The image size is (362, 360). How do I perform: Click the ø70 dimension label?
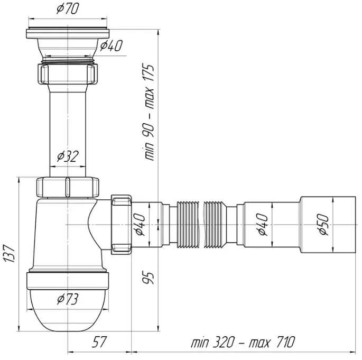tap(68, 9)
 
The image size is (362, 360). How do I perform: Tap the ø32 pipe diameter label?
tap(68, 156)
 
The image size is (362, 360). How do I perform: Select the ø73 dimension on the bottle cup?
tap(68, 299)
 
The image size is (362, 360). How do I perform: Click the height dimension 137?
tap(10, 253)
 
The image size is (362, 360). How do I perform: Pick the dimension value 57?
tap(99, 342)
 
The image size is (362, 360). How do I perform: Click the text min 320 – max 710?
tap(243, 342)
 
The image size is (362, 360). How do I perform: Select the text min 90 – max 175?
tap(148, 112)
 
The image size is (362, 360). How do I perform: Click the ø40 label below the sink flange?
tap(112, 45)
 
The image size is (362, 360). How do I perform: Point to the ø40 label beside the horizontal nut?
tap(140, 225)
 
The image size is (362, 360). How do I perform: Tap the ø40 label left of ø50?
tap(263, 225)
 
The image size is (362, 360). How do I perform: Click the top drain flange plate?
tap(68, 33)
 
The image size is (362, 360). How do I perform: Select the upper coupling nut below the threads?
tap(67, 73)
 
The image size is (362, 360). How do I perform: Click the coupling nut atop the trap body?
tap(68, 187)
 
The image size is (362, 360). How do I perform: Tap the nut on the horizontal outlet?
tap(121, 225)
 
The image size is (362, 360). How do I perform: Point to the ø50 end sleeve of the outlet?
tap(328, 225)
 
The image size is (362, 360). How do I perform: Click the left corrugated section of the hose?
tap(188, 225)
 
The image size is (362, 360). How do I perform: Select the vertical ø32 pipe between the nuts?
tap(68, 131)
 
